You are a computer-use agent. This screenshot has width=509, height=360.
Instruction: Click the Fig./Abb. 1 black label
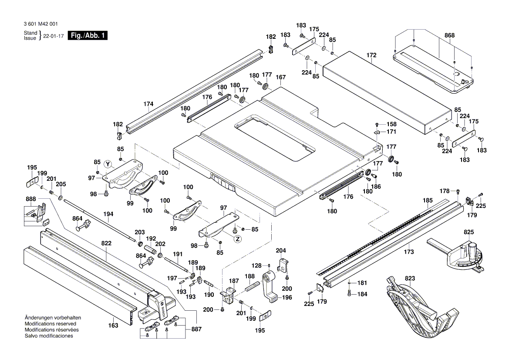pos(88,36)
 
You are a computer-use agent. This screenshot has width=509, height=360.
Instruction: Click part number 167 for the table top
pos(281,78)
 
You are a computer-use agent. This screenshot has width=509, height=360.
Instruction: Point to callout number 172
pos(371,55)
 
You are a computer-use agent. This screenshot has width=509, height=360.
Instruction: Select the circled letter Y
pos(108,164)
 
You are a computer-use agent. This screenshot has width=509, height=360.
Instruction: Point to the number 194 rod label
pos(108,214)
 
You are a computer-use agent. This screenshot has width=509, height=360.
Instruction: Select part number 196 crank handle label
pos(287,298)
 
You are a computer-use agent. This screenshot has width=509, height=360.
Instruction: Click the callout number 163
pos(113,325)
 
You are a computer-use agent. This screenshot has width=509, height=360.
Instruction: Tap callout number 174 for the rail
pos(148,104)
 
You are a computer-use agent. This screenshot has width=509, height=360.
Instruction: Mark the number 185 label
pos(428,201)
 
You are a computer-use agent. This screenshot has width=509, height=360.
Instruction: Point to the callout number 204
pos(281,251)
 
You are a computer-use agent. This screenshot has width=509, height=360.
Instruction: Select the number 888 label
pos(31,199)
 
